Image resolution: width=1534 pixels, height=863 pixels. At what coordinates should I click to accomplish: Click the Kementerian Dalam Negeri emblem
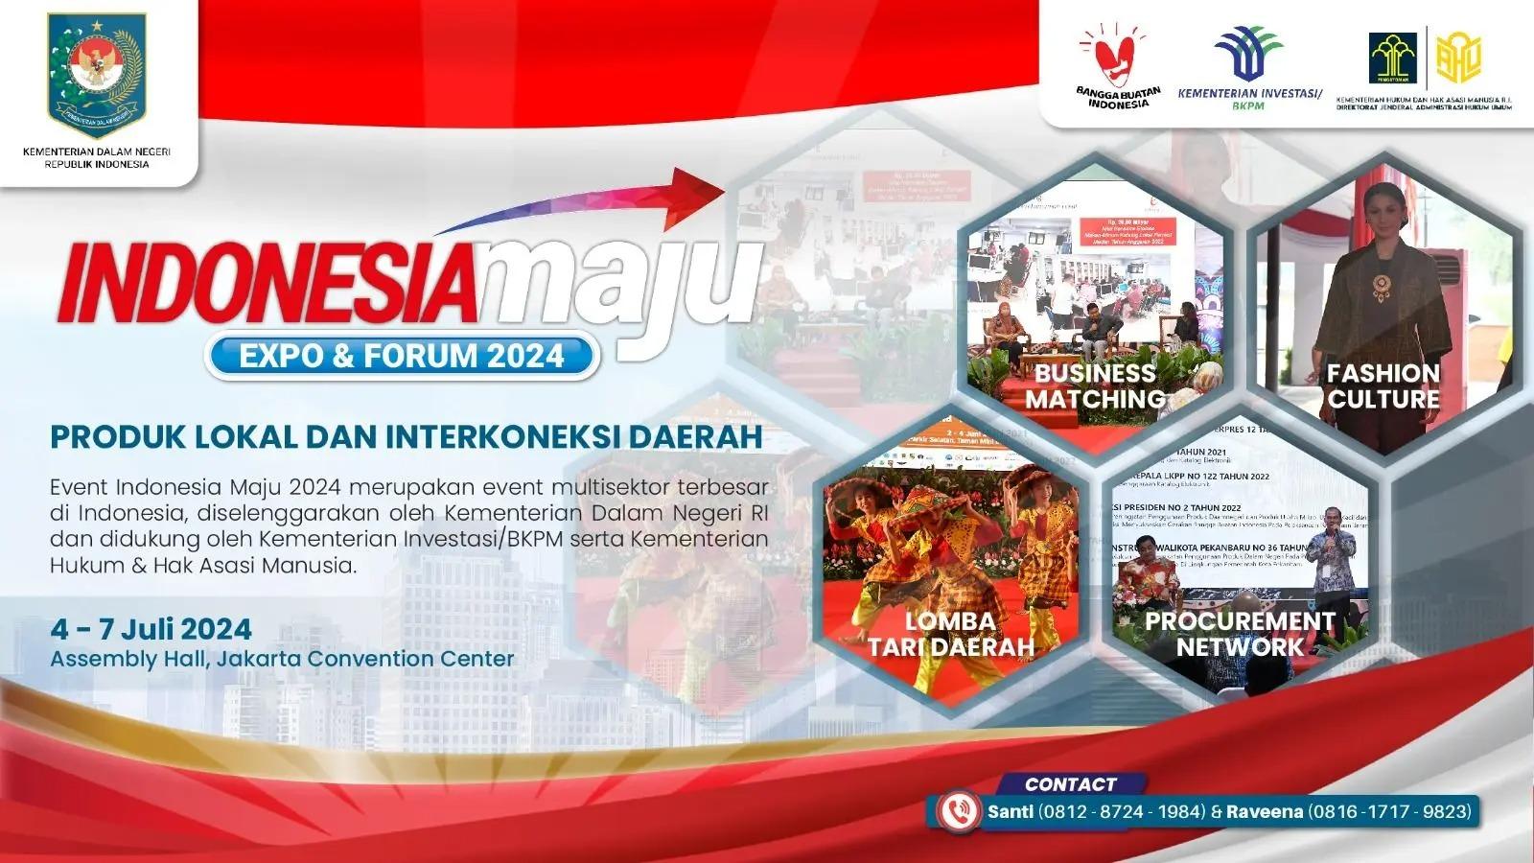[97, 75]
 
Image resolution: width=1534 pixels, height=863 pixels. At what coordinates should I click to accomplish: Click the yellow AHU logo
[1458, 58]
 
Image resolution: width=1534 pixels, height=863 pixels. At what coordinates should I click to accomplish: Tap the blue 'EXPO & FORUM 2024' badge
[402, 356]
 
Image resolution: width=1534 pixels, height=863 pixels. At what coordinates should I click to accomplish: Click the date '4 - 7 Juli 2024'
[151, 629]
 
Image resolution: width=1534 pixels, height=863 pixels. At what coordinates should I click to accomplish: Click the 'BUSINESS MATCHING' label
[1094, 385]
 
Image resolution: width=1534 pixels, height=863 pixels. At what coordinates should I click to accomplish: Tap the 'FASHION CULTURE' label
[1383, 385]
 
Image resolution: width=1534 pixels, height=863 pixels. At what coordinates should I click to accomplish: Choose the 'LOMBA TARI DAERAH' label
[950, 634]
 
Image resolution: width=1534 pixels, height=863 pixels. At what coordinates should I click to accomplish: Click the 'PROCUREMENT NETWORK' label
[1240, 634]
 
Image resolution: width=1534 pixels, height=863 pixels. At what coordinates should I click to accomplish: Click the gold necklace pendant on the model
[1382, 285]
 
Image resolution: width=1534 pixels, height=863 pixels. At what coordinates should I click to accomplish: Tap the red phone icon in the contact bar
[957, 811]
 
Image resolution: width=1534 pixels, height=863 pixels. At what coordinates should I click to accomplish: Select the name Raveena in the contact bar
[1265, 811]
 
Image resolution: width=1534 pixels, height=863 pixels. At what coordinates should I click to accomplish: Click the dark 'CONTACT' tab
[1070, 783]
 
